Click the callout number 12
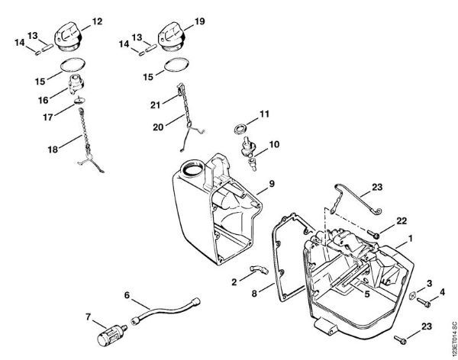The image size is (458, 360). [97, 22]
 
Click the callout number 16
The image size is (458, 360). [43, 100]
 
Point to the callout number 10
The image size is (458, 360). [273, 143]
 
